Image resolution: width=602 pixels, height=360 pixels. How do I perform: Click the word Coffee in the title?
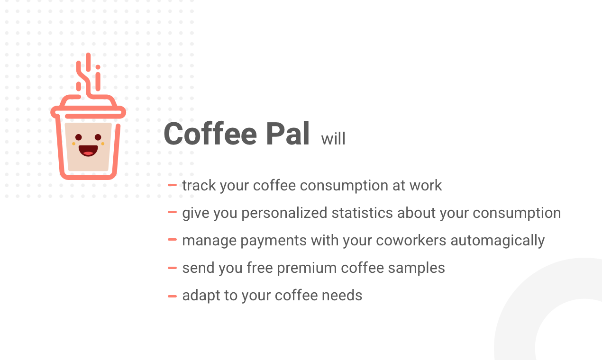(210, 134)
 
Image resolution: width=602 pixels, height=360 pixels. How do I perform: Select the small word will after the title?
(333, 139)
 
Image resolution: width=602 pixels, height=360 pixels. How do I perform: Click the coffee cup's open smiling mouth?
(88, 151)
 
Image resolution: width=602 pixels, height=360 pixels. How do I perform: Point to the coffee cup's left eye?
(79, 137)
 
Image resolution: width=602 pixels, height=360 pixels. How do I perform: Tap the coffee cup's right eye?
(98, 137)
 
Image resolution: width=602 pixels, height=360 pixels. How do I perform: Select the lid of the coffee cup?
(88, 107)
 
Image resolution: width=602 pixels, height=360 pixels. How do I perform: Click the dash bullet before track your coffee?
(172, 185)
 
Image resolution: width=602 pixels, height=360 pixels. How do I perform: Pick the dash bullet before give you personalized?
(172, 213)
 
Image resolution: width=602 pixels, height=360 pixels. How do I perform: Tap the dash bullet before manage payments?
(172, 240)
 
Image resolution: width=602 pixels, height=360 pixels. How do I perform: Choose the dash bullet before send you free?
(172, 268)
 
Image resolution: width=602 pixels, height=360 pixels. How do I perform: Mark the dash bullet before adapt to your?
(172, 296)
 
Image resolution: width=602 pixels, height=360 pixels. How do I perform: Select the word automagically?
(497, 241)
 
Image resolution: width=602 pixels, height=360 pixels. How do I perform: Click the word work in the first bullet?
(426, 185)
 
